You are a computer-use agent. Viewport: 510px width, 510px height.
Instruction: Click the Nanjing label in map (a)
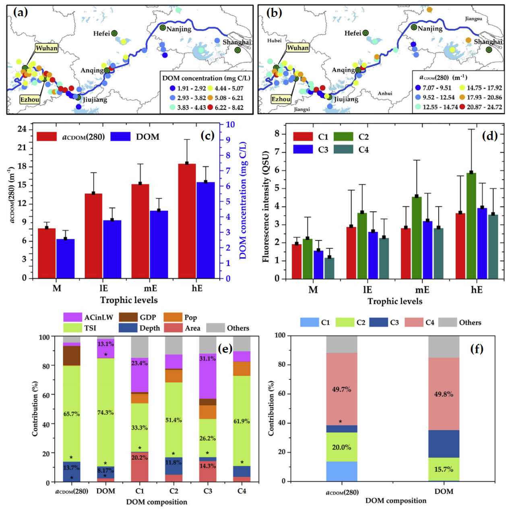(x=179, y=29)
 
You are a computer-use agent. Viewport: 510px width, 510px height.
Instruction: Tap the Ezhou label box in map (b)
(x=281, y=99)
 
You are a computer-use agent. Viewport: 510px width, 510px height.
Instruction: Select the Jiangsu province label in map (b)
(x=473, y=19)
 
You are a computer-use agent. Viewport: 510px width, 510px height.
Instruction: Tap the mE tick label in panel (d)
(x=422, y=290)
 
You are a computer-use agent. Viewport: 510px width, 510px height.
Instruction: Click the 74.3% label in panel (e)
(x=105, y=413)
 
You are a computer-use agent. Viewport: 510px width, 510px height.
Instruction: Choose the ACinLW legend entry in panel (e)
(x=89, y=318)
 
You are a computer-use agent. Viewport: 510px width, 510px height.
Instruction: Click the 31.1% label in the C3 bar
(x=208, y=359)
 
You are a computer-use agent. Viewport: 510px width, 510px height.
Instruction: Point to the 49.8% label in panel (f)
(x=444, y=394)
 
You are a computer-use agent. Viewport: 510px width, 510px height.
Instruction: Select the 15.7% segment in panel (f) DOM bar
(x=444, y=469)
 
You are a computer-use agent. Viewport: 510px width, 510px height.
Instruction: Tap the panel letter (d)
(x=489, y=136)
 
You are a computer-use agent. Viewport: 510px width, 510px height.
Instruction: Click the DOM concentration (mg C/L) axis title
(x=243, y=200)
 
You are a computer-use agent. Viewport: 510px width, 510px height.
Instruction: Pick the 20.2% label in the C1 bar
(x=139, y=458)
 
